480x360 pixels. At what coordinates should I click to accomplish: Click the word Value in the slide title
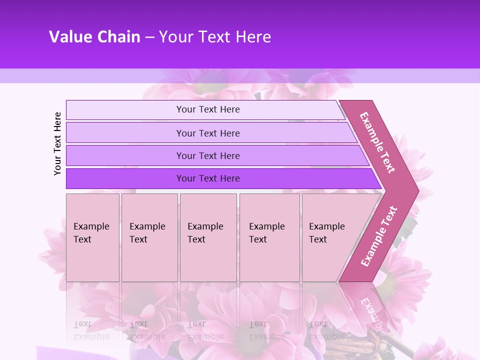(x=70, y=37)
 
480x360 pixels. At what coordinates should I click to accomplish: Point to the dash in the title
(x=149, y=37)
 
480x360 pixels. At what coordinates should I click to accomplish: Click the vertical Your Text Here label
(x=57, y=143)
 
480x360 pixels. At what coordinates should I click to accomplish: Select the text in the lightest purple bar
(x=208, y=109)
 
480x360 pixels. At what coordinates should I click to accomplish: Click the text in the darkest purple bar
(x=208, y=178)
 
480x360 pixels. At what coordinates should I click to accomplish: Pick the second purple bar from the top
(x=208, y=133)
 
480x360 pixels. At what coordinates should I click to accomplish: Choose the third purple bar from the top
(x=208, y=156)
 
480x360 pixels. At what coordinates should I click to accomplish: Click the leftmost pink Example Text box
(x=92, y=237)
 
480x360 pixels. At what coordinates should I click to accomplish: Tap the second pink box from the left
(x=149, y=237)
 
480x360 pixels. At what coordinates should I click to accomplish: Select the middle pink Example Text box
(x=208, y=237)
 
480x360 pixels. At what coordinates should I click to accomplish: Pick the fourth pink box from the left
(x=269, y=237)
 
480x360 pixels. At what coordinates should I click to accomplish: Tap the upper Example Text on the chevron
(x=377, y=142)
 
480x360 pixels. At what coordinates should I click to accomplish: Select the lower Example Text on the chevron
(x=379, y=236)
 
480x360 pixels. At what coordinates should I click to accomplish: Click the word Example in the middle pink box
(x=205, y=226)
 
